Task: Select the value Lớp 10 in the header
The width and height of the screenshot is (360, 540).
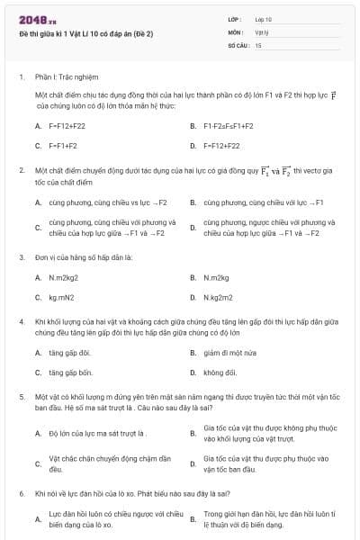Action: point(263,19)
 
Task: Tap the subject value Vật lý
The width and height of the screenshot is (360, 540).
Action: point(262,31)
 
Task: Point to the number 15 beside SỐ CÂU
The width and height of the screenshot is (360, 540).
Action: point(258,44)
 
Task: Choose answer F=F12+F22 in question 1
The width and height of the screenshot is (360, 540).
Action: point(68,126)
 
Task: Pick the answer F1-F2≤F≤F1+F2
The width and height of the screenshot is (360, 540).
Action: point(229,126)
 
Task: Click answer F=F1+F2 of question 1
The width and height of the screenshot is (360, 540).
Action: point(63,145)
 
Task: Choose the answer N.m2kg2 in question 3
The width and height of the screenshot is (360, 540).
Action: point(64,277)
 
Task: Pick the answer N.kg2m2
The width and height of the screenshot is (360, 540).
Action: point(219,296)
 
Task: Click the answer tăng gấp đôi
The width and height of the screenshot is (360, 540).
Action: point(70,353)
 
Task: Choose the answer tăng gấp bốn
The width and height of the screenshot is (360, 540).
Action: point(71,372)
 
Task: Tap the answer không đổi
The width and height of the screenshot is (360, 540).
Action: point(220,372)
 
